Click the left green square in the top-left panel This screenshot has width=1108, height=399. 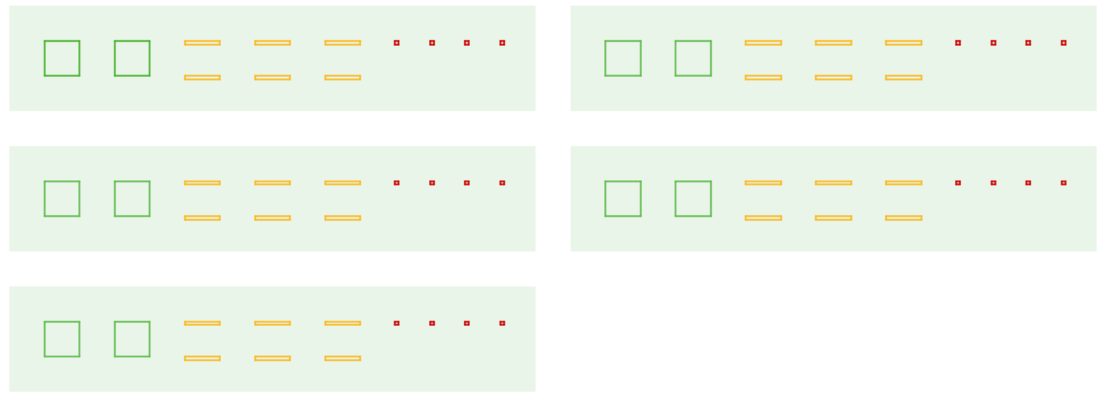click(62, 58)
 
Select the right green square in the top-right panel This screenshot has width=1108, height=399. click(693, 58)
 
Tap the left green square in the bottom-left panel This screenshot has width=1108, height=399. click(62, 339)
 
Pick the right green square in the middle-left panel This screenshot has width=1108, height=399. click(132, 199)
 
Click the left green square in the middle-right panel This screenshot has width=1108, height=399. click(623, 199)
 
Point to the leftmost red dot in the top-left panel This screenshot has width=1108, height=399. click(397, 43)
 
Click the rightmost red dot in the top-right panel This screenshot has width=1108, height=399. click(1064, 43)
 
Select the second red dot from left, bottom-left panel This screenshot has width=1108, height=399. click(432, 324)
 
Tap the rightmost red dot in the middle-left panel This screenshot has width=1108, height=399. click(502, 183)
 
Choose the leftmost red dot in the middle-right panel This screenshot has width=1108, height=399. click(958, 183)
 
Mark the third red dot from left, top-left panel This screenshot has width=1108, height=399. click(467, 43)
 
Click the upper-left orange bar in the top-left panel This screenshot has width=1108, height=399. click(202, 43)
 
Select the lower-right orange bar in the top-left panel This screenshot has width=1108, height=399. click(343, 78)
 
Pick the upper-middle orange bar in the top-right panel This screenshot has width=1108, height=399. click(833, 43)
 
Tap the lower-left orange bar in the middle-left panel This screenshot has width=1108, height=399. click(202, 218)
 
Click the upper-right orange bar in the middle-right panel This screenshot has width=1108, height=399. click(903, 183)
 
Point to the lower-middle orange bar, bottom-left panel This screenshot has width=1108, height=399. click(273, 358)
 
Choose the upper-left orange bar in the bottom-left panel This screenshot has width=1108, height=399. click(202, 324)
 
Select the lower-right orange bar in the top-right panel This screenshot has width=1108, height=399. click(903, 78)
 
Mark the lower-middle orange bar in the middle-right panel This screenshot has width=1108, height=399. click(833, 218)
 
